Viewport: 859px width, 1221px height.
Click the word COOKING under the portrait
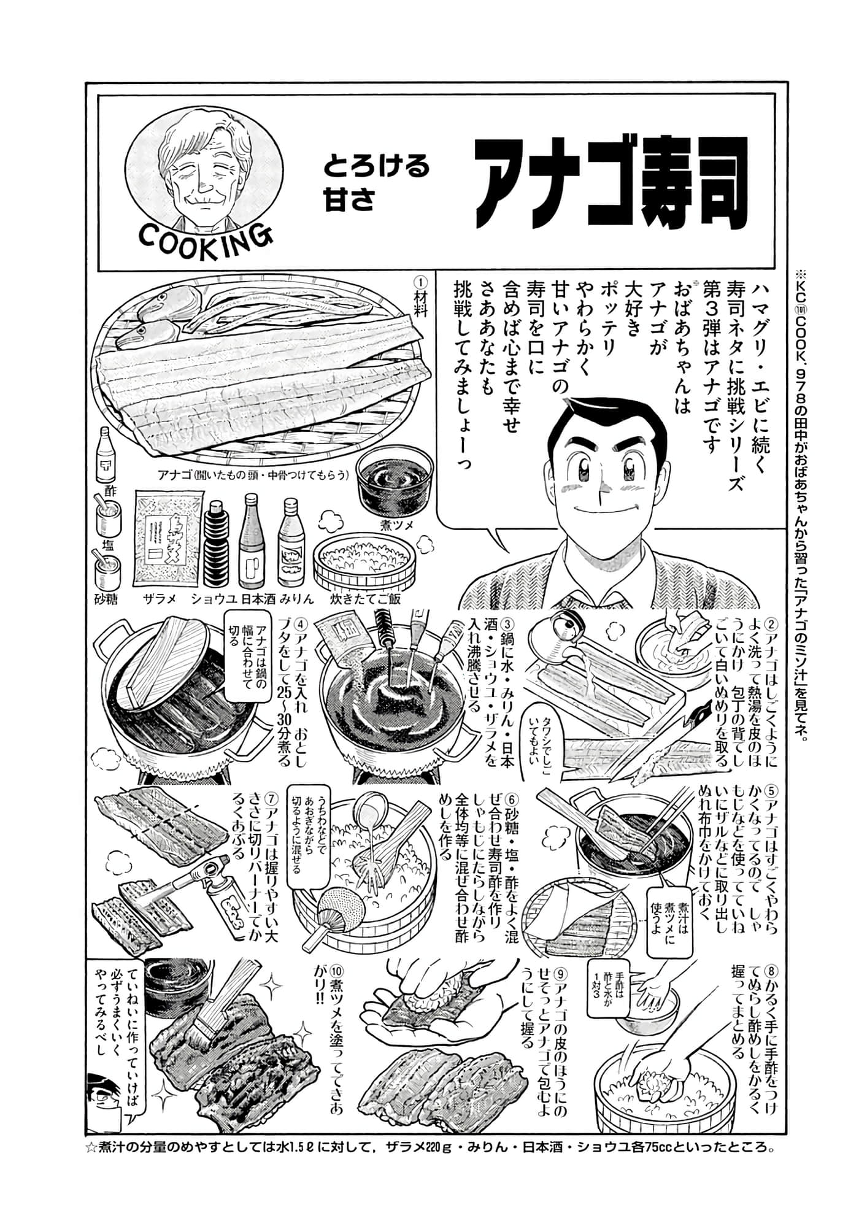[x=205, y=236]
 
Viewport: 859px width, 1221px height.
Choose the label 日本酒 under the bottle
[x=257, y=599]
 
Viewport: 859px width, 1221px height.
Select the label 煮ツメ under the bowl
[x=398, y=525]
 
